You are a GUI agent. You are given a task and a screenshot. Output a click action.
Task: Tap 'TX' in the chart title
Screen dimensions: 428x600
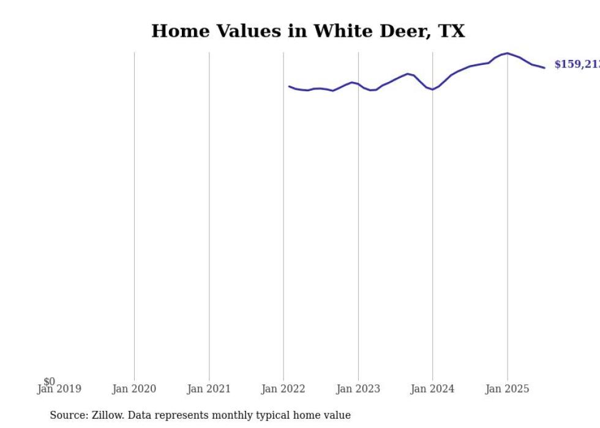[451, 31]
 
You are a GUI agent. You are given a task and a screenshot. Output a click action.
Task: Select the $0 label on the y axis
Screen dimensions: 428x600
[49, 381]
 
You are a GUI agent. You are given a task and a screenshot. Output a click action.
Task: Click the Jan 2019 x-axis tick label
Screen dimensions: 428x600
[59, 389]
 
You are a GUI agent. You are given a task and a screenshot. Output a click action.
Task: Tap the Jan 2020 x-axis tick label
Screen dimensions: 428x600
[134, 389]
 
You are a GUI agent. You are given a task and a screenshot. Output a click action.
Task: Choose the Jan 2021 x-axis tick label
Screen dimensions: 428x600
[209, 389]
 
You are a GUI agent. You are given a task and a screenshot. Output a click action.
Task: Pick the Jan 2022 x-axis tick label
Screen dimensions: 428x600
[283, 389]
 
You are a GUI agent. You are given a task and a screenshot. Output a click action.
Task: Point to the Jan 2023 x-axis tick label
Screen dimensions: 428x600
[358, 389]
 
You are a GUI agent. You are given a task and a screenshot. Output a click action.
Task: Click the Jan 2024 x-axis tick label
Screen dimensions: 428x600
[433, 389]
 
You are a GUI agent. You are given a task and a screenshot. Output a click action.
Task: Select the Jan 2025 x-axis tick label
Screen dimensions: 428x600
[507, 389]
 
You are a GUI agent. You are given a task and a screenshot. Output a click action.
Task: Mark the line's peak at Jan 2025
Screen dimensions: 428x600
[507, 53]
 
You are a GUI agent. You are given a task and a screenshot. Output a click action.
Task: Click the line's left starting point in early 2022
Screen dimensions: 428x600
[289, 86]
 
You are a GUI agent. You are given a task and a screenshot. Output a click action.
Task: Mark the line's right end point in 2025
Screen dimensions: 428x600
[544, 68]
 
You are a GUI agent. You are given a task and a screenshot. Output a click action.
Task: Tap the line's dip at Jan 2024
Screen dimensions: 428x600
[433, 89]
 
